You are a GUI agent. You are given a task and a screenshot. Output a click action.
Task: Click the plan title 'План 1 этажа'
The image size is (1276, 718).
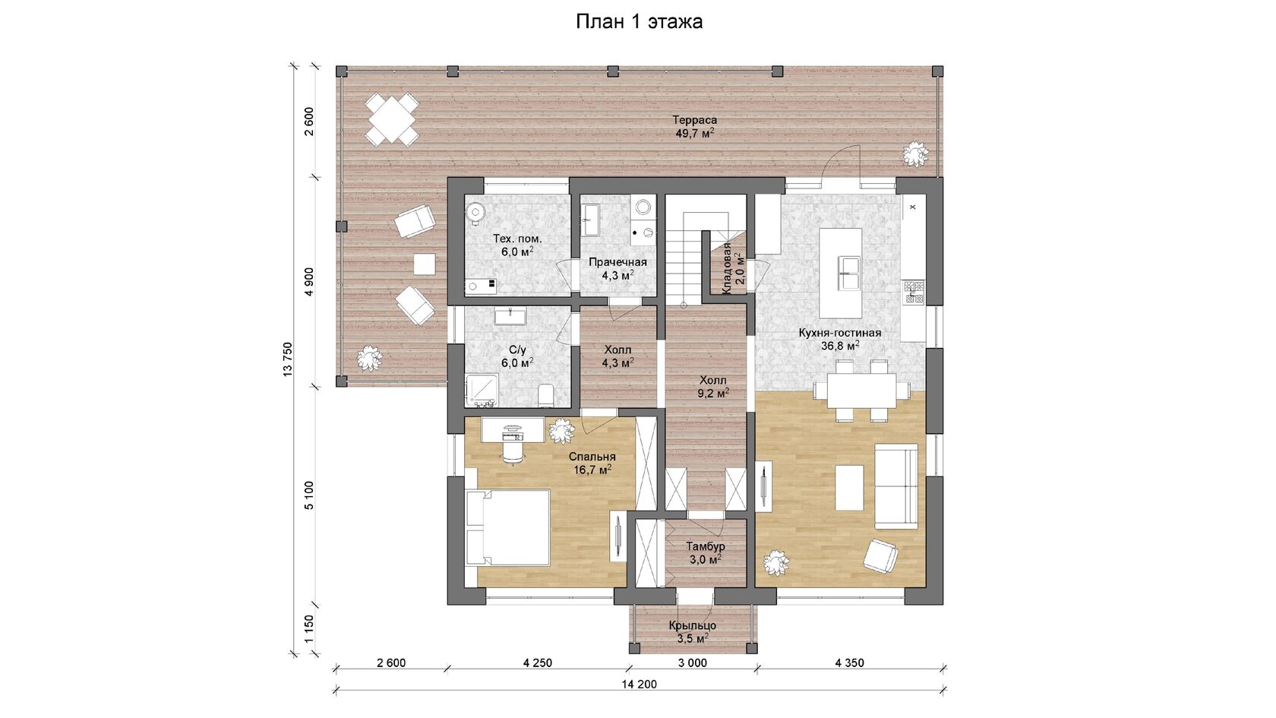coord(639,21)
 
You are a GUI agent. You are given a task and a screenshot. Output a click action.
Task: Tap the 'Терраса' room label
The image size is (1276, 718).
coord(694,120)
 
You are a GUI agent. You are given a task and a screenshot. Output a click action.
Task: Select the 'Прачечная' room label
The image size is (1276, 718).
coord(617,262)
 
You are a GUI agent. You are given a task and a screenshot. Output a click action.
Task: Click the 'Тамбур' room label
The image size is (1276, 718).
coord(705,546)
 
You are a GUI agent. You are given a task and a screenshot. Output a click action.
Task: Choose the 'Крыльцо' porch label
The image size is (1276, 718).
coord(692,626)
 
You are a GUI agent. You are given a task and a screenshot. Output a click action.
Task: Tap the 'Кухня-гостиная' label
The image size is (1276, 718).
coord(840,333)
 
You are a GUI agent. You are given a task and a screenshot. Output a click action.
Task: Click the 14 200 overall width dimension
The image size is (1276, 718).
coord(640,685)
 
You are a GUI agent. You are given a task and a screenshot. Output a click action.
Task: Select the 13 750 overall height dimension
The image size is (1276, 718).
coord(288,359)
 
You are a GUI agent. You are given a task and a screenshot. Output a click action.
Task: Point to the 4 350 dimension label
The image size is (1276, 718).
coord(849,663)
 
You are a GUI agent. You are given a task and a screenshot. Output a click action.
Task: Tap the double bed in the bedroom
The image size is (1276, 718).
coord(507,527)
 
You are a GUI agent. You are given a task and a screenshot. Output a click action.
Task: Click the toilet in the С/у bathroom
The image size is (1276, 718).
coord(545,395)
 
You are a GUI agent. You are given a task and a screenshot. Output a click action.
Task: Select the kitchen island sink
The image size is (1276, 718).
coord(848,274)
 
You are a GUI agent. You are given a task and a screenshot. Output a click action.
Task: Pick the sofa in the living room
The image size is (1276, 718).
coord(896,486)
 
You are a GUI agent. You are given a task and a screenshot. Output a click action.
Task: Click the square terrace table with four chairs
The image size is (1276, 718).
coord(392,120)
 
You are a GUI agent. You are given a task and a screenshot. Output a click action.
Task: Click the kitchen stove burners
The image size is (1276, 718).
coord(914,291)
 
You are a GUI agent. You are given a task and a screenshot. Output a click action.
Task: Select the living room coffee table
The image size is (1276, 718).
coord(849,488)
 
